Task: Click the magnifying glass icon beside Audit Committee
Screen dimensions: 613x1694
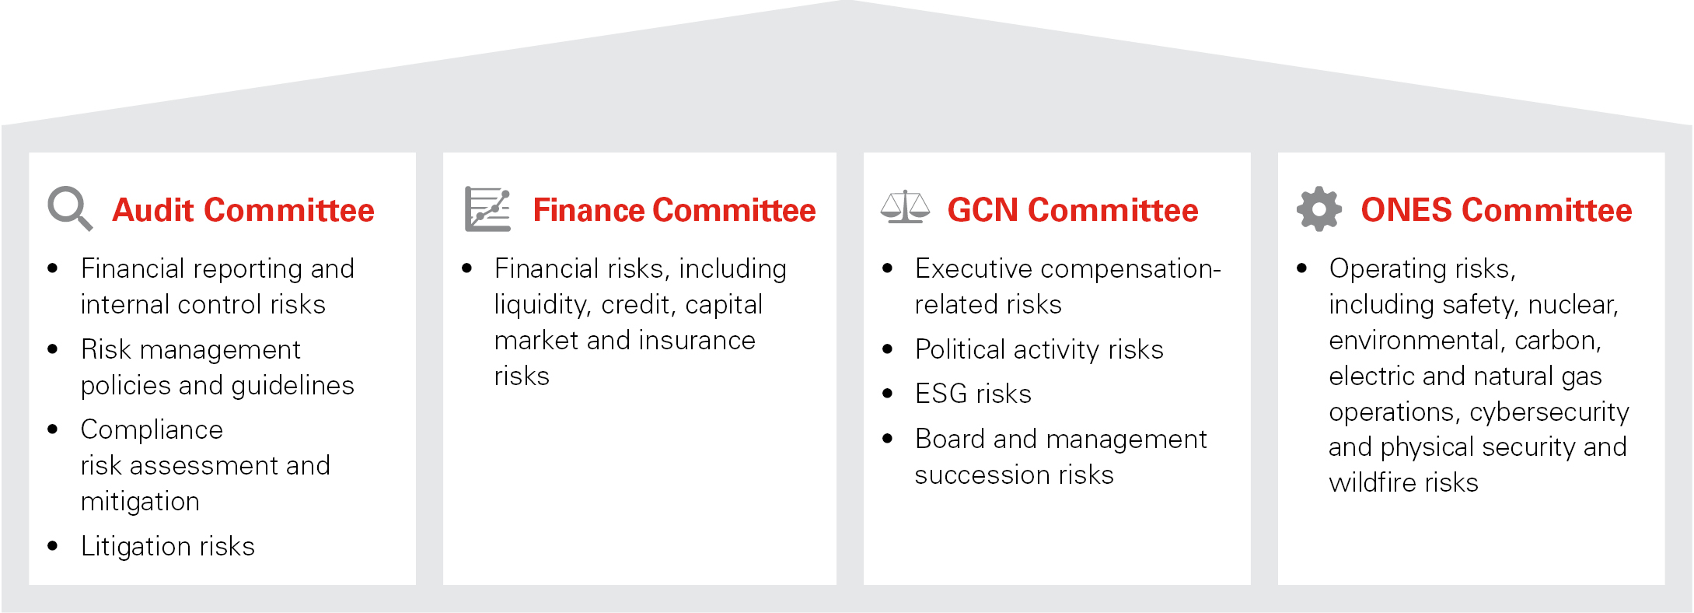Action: pyautogui.click(x=70, y=208)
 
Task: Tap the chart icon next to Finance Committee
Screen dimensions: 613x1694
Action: pyautogui.click(x=487, y=208)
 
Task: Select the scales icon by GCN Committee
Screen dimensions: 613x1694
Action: pyautogui.click(x=905, y=208)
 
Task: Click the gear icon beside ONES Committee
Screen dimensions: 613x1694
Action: pyautogui.click(x=1319, y=208)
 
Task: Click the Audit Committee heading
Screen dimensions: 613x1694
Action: pyautogui.click(x=243, y=211)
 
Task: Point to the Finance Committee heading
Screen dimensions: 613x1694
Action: pyautogui.click(x=674, y=211)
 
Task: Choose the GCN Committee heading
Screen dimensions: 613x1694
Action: pyautogui.click(x=1072, y=211)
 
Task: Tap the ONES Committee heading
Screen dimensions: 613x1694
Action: pyautogui.click(x=1496, y=211)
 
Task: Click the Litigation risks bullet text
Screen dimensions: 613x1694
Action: pyautogui.click(x=168, y=546)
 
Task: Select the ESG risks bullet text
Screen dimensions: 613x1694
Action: pyautogui.click(x=973, y=394)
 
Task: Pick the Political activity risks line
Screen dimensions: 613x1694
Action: pyautogui.click(x=1039, y=349)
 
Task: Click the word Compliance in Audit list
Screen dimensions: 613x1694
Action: pyautogui.click(x=152, y=429)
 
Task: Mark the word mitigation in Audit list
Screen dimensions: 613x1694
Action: pyautogui.click(x=140, y=502)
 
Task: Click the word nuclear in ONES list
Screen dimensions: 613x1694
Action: pyautogui.click(x=1573, y=305)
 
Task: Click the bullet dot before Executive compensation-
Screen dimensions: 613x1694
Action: pyautogui.click(x=887, y=268)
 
